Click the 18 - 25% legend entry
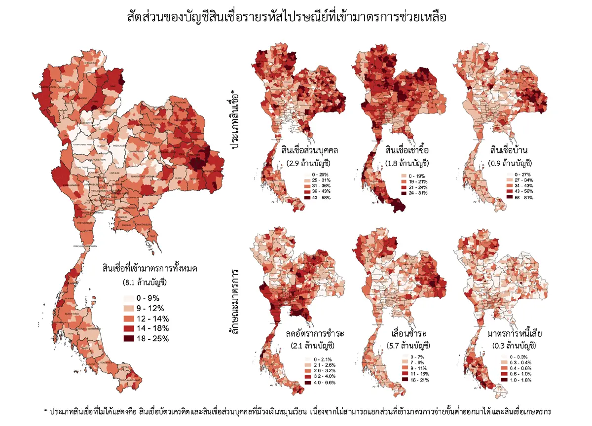146,338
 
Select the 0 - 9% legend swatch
128,298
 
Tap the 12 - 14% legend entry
146,319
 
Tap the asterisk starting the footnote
46,411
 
